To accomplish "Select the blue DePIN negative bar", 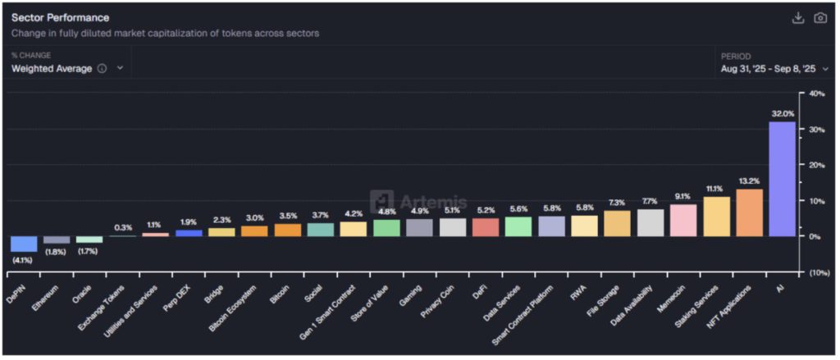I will click(24, 244).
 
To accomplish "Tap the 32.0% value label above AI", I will click(782, 114).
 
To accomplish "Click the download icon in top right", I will click(797, 18).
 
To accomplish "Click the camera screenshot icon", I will click(819, 18).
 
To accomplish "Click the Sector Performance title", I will click(60, 17).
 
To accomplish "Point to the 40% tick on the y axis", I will click(817, 94).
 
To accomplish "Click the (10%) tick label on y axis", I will click(817, 272).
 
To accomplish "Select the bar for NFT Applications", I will click(749, 212).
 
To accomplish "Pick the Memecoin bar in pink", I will click(682, 220).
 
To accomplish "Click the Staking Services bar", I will click(716, 216).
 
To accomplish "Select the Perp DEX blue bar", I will click(189, 233).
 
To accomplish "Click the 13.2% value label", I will click(749, 181).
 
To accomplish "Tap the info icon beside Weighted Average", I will click(102, 69).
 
